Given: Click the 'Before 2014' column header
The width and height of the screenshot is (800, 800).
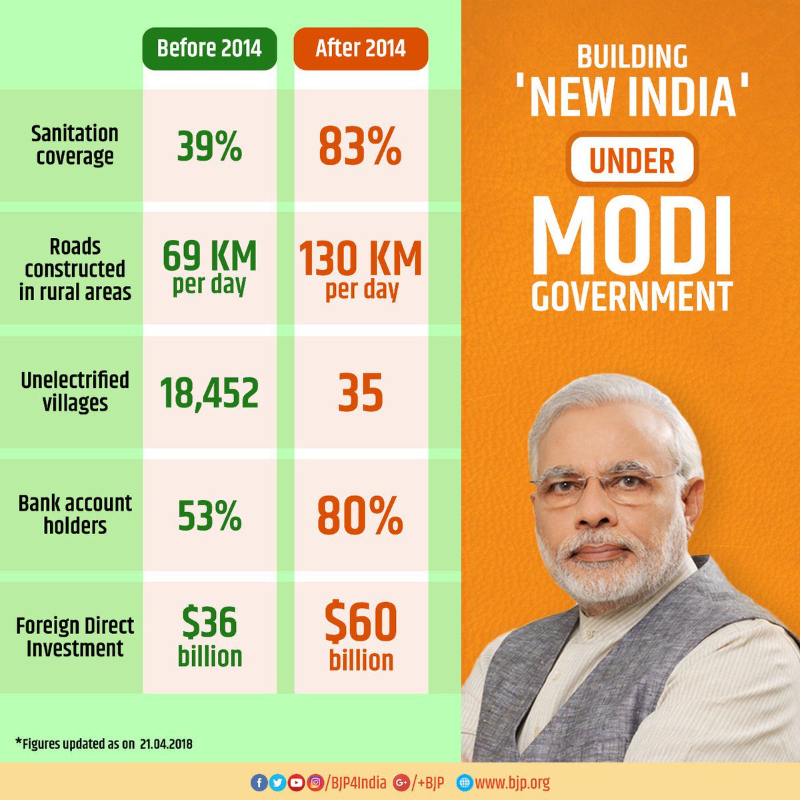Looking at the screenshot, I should tap(209, 49).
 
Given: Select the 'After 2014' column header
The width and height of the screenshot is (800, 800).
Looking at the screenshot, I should tap(361, 49).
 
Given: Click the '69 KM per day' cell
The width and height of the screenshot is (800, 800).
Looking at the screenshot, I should tap(209, 267).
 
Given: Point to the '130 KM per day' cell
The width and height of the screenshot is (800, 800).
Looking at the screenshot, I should tap(361, 269).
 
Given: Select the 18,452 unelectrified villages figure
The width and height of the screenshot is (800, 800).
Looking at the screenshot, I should tap(209, 393).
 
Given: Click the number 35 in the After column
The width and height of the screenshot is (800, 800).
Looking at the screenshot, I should tap(361, 393).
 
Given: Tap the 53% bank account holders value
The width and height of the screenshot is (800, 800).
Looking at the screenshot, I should tap(209, 516).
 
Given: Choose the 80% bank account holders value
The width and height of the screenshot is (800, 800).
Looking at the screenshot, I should tap(361, 516).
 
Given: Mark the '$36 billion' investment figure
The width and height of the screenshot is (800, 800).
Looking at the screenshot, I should tap(209, 636).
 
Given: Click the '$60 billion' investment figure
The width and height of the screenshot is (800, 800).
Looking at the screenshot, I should tap(361, 637).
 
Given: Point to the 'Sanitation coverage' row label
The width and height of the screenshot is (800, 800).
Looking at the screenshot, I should tap(75, 145).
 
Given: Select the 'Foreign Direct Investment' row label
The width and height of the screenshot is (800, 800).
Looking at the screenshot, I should tap(75, 637).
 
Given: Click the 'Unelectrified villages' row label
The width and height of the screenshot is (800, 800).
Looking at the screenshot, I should tap(75, 391).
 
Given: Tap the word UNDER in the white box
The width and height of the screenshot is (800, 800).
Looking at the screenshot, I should tap(631, 161).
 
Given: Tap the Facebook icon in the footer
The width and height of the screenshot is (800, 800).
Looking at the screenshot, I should tap(258, 783).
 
